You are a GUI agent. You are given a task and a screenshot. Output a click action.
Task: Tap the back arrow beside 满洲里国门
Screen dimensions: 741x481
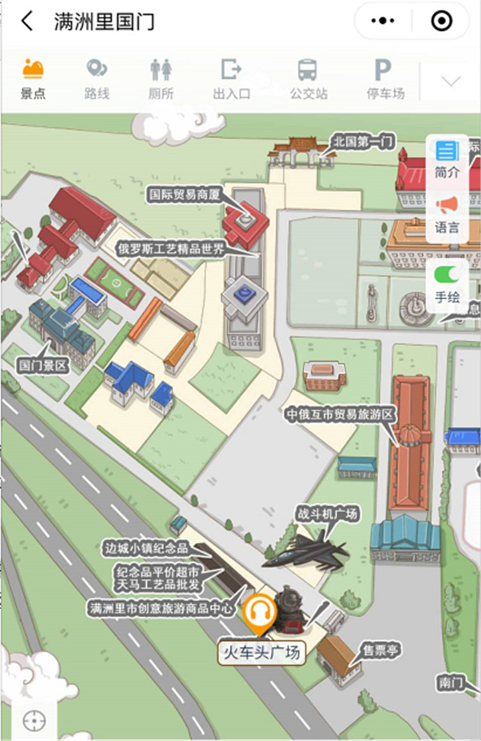(x=27, y=21)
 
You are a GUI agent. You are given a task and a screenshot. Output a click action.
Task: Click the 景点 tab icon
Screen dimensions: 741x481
(x=33, y=69)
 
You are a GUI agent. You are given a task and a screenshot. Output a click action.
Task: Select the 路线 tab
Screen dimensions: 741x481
(x=97, y=69)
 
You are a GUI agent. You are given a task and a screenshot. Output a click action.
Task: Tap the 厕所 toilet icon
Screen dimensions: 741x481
(x=161, y=69)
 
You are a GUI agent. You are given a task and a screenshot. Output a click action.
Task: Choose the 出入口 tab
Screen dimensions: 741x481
(x=231, y=69)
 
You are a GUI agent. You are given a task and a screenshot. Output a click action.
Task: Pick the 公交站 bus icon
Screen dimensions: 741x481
(x=308, y=69)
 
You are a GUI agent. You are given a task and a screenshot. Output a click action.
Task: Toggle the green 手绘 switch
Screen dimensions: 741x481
(x=447, y=274)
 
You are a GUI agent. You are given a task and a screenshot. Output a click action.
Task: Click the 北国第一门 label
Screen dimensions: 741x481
(x=364, y=141)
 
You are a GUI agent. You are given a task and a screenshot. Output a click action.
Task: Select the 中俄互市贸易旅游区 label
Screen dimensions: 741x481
(x=340, y=415)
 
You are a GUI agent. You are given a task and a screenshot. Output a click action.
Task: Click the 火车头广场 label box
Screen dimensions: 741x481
(x=260, y=653)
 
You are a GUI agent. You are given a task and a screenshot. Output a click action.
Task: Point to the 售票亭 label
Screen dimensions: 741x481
(x=380, y=651)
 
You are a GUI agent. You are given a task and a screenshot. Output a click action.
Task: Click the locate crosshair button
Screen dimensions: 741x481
(x=33, y=720)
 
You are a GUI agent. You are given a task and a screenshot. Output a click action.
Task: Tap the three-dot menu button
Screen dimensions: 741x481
(x=383, y=21)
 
